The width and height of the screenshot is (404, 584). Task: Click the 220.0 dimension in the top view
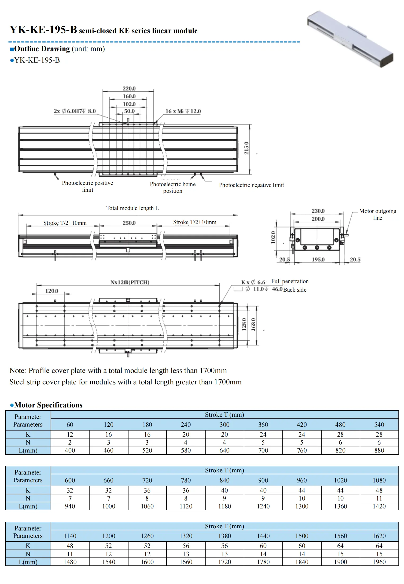[129, 88]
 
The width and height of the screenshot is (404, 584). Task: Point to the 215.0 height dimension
[246, 148]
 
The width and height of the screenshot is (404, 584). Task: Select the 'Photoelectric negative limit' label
[251, 185]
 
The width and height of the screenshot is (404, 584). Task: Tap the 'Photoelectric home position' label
[173, 187]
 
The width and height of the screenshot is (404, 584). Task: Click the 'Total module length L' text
[132, 208]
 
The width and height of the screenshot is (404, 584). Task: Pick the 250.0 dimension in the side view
[129, 223]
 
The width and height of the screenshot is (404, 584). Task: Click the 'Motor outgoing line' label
[378, 214]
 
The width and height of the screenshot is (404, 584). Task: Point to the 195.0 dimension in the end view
[318, 260]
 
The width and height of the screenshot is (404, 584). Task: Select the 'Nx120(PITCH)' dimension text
[130, 282]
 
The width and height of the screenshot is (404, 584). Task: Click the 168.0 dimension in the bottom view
[254, 324]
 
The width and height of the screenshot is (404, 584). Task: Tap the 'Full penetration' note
[290, 281]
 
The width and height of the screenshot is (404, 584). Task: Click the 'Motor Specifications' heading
[48, 405]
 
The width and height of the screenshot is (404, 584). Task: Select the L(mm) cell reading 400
[70, 450]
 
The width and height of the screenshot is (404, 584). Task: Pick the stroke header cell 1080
[379, 480]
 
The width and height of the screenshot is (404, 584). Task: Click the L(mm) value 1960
[379, 562]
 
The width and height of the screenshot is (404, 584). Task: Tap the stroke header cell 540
[379, 425]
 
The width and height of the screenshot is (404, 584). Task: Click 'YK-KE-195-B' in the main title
[43, 29]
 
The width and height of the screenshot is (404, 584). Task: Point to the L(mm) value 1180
[225, 506]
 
